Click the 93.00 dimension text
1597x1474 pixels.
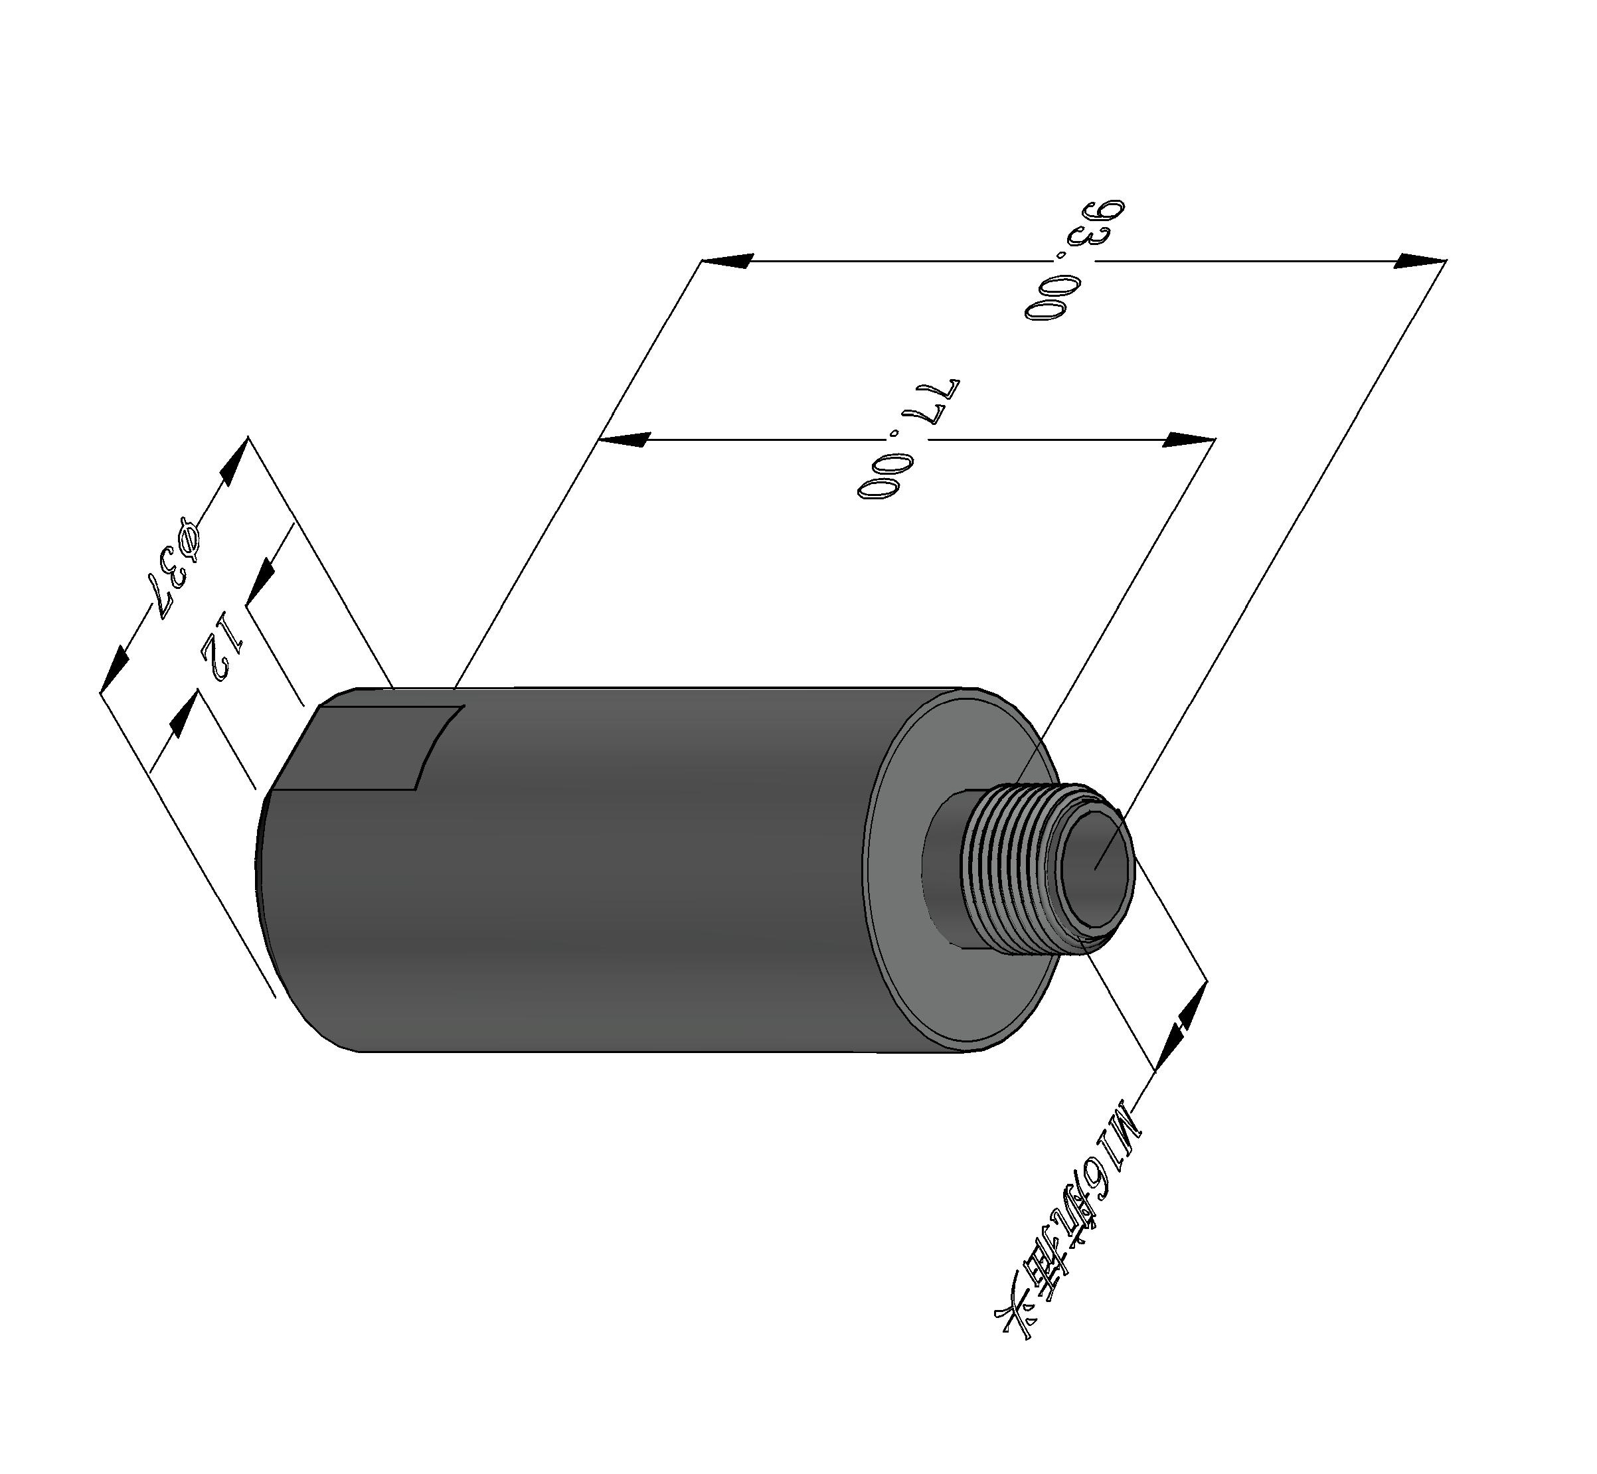(1074, 260)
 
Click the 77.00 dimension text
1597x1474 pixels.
(909, 439)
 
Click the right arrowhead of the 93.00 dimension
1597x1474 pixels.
(1420, 261)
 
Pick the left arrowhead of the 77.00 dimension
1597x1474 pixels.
(626, 440)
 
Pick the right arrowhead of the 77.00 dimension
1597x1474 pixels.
(1189, 440)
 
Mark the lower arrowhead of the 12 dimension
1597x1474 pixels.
(183, 714)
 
